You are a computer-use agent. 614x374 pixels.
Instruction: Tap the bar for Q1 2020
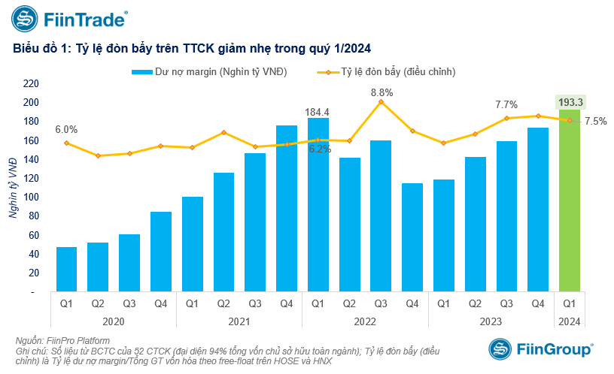click(66, 269)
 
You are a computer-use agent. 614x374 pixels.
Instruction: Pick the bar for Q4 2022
click(412, 237)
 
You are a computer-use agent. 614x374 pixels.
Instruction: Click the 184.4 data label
click(318, 113)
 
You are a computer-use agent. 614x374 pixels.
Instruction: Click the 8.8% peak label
click(381, 92)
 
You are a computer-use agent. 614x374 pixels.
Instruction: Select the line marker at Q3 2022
click(381, 101)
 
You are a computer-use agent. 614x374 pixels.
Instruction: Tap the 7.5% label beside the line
click(595, 121)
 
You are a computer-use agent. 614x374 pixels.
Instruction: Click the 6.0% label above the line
click(66, 129)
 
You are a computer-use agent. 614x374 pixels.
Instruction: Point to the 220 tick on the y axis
click(31, 83)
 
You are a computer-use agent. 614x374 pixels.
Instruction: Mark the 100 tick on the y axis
click(31, 197)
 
